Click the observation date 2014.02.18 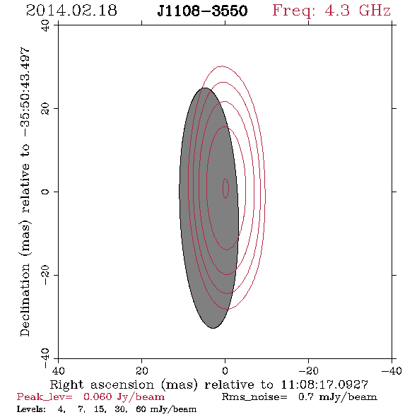point(71,11)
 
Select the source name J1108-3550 point(202,11)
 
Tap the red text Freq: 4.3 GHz point(331,11)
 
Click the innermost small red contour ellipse point(225,188)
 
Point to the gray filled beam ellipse point(208,208)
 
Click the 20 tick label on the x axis point(141,370)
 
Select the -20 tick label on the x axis point(308,370)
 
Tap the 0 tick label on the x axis point(225,370)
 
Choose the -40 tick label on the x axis point(392,370)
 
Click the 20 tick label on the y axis point(45,109)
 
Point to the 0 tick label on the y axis point(45,192)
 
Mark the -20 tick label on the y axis point(45,275)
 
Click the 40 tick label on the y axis point(45,25)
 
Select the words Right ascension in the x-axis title point(102,384)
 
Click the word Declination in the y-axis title point(25,300)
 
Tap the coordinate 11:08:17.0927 point(324,384)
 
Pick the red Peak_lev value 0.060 point(98,397)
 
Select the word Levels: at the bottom point(31,409)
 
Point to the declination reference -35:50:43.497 point(25,93)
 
